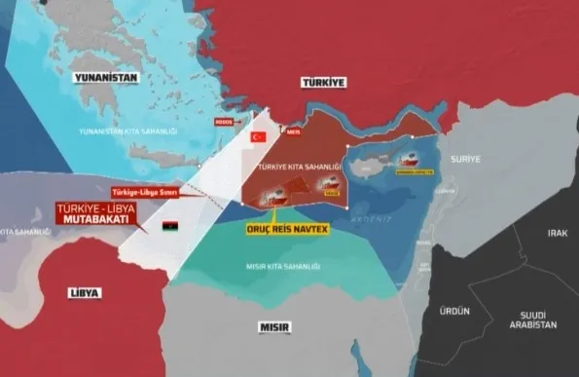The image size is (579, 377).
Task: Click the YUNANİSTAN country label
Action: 110,78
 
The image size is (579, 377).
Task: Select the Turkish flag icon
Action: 259,137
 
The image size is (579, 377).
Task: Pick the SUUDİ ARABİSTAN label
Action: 534,319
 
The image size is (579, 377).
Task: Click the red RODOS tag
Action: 227,124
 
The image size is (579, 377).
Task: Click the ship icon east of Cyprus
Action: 420,164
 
